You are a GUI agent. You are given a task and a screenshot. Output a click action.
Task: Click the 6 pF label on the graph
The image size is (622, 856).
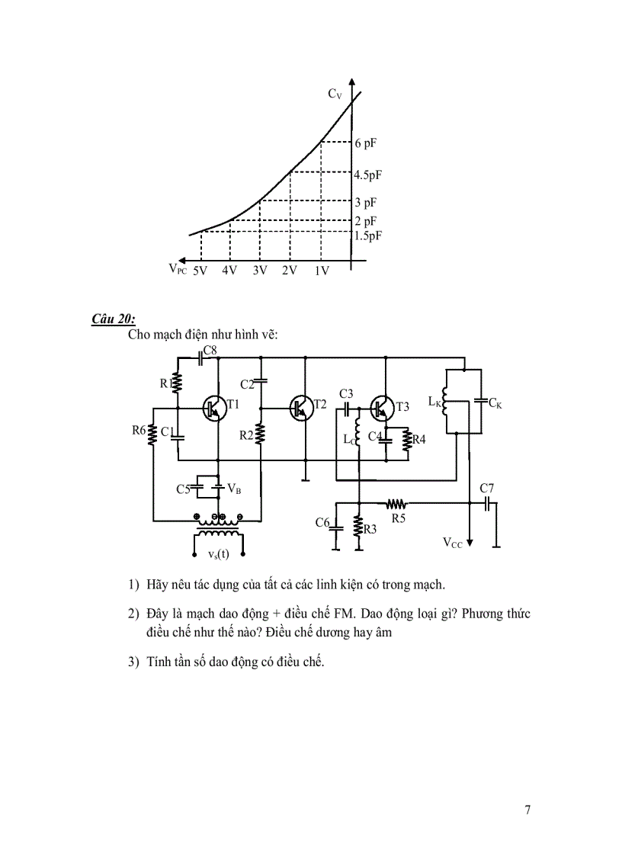pyautogui.click(x=365, y=143)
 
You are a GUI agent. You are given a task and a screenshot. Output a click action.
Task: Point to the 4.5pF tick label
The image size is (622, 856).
pyautogui.click(x=367, y=175)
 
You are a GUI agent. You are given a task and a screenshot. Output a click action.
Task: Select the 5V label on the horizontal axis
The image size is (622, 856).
pyautogui.click(x=200, y=271)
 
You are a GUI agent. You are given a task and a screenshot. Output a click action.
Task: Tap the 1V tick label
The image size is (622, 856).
pyautogui.click(x=321, y=271)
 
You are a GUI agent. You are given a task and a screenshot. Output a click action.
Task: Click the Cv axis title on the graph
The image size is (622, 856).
pyautogui.click(x=335, y=94)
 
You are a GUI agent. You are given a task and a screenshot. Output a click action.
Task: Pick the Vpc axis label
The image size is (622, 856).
pyautogui.click(x=177, y=269)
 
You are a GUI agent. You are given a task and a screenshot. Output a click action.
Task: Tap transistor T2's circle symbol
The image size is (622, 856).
pyautogui.click(x=301, y=408)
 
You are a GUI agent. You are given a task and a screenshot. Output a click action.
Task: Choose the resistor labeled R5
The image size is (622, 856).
pyautogui.click(x=397, y=504)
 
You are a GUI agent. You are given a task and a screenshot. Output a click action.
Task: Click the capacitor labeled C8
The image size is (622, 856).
pyautogui.click(x=201, y=356)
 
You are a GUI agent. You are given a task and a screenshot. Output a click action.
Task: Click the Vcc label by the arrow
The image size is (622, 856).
pyautogui.click(x=453, y=543)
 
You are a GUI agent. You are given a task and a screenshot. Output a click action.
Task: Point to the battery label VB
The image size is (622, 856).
pyautogui.click(x=234, y=489)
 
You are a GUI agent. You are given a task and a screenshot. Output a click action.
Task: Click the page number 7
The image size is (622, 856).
pyautogui.click(x=527, y=810)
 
